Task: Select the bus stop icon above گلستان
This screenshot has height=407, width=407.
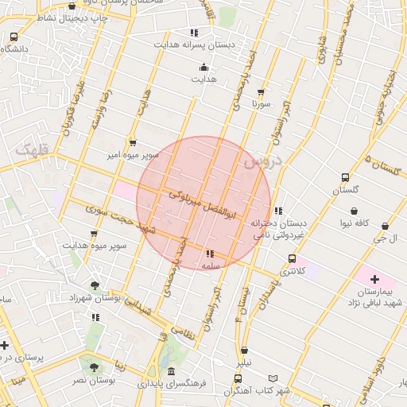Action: point(345,178)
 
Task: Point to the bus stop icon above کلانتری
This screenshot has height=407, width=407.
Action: point(293,259)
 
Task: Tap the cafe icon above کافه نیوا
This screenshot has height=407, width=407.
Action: point(353,211)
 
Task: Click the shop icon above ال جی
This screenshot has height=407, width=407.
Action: point(386,226)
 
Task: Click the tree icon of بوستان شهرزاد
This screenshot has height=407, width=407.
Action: point(95,285)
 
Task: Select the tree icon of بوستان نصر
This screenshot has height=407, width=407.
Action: point(95,367)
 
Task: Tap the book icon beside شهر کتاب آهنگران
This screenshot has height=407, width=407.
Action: point(273,378)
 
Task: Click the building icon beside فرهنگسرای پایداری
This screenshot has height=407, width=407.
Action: point(172,371)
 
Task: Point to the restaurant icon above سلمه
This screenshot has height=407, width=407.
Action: point(210,254)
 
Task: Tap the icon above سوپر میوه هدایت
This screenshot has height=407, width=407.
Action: point(95,234)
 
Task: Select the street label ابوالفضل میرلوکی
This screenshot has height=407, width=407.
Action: point(199,203)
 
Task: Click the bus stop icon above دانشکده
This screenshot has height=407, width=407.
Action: point(14,37)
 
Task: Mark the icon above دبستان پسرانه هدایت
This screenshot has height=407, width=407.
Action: point(194,33)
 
